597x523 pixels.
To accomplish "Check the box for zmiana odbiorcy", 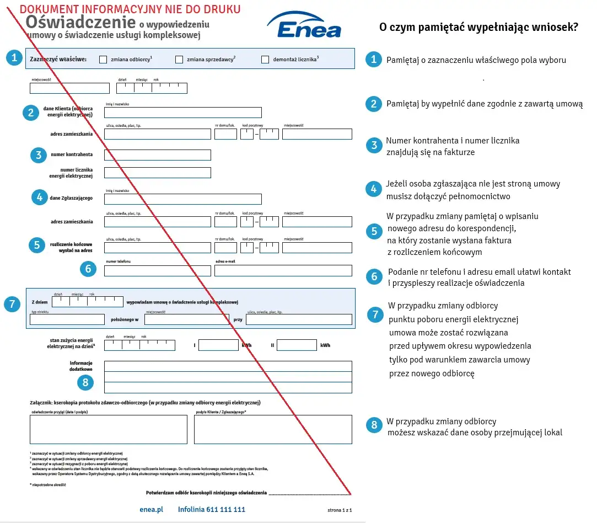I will tap(103, 60).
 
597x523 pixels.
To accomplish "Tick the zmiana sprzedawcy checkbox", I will tap(179, 60).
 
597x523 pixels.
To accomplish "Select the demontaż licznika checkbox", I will tap(265, 60).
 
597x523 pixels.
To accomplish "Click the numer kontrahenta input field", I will tap(158, 155).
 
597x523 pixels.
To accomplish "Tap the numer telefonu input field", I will tap(158, 270).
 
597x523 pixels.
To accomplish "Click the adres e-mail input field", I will tap(283, 270).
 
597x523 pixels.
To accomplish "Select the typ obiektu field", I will tap(67, 319).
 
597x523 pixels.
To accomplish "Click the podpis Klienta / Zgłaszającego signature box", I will tap(273, 429).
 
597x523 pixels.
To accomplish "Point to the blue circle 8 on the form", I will tap(85, 382).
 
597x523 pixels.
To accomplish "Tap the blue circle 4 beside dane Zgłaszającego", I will tap(39, 197).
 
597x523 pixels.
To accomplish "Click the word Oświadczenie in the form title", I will tap(80, 22).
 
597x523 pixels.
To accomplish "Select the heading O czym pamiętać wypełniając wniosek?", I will tap(478, 27).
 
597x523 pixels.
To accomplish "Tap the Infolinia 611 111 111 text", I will tap(211, 509).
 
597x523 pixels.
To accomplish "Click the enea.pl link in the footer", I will tap(152, 509).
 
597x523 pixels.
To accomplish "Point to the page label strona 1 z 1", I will tap(340, 510).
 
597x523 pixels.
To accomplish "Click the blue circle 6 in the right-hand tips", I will tap(374, 276).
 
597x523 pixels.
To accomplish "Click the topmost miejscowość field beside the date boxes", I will tap(69, 88).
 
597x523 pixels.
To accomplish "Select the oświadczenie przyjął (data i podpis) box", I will tap(109, 429).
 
